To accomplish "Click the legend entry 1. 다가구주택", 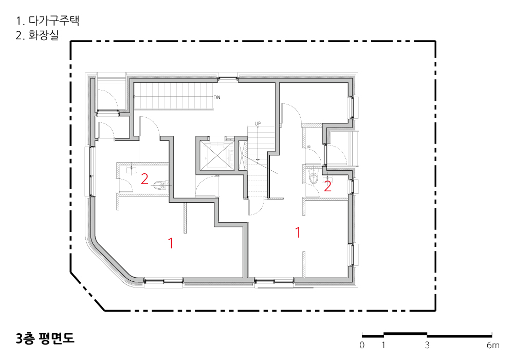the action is click(x=48, y=21).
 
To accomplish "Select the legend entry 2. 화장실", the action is click(x=37, y=35).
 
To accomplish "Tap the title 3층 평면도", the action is click(x=45, y=338).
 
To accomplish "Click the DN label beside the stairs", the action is click(x=217, y=97).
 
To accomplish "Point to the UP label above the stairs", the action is click(x=258, y=123).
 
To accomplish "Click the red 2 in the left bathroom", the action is click(x=144, y=179).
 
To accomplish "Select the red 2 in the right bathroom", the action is click(x=327, y=187).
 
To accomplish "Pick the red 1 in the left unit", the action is click(x=171, y=243).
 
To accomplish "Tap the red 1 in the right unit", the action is click(x=298, y=232).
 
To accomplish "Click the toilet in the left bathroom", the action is click(x=160, y=185).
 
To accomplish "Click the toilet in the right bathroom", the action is click(x=314, y=177).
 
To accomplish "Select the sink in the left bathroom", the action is click(x=132, y=169).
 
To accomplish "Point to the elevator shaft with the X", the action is click(x=216, y=153).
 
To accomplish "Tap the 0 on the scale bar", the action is click(x=362, y=345).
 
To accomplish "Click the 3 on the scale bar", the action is click(x=427, y=345).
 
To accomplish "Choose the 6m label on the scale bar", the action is click(x=493, y=345).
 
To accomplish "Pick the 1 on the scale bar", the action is click(x=383, y=345).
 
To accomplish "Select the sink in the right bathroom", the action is click(x=327, y=178).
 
